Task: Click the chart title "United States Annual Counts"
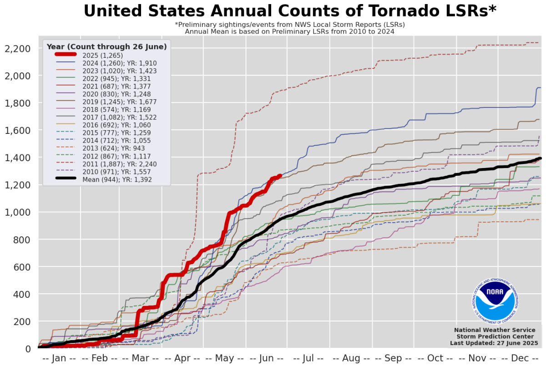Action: click(x=289, y=11)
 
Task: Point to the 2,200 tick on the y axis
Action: click(x=17, y=49)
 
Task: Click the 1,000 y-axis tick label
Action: click(x=17, y=212)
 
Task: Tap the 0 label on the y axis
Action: click(x=27, y=349)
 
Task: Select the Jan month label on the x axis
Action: click(x=59, y=358)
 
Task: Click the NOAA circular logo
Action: click(x=494, y=299)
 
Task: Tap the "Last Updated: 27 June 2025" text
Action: click(x=494, y=343)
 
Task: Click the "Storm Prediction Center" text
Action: click(x=494, y=336)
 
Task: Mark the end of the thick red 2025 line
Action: click(x=279, y=176)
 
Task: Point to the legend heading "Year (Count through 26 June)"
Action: click(x=106, y=46)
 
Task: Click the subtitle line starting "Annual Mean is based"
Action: click(x=289, y=31)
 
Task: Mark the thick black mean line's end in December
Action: click(x=540, y=158)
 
